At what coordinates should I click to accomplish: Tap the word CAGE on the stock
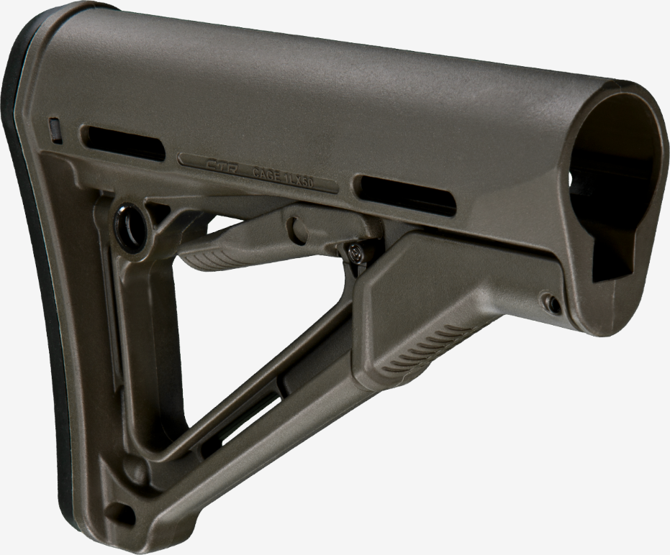click(x=268, y=172)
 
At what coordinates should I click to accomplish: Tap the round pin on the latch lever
click(x=296, y=229)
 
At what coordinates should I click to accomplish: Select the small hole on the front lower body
click(x=553, y=303)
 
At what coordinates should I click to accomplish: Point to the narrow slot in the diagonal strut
click(x=237, y=421)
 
